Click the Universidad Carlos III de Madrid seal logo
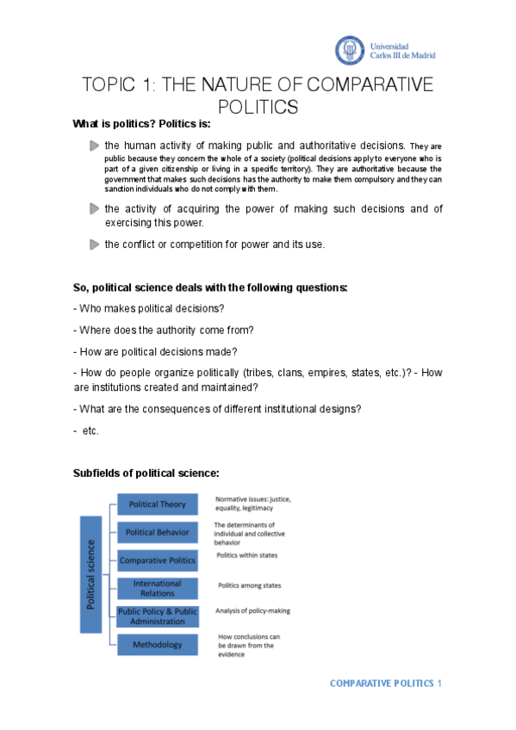tap(351, 49)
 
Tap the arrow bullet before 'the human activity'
tap(94, 146)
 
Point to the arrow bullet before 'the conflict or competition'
tap(94, 244)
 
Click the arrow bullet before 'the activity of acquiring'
tap(94, 209)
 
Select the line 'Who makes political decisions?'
tap(151, 308)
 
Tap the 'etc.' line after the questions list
tap(88, 430)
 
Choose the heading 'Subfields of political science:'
tap(146, 473)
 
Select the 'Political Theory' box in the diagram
tap(157, 504)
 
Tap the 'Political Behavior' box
tap(157, 532)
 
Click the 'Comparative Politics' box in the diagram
tap(157, 560)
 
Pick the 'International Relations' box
tap(157, 588)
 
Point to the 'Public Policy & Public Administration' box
tap(157, 616)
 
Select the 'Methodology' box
tap(157, 644)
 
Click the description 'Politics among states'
tap(249, 585)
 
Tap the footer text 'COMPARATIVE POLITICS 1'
tap(385, 684)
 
